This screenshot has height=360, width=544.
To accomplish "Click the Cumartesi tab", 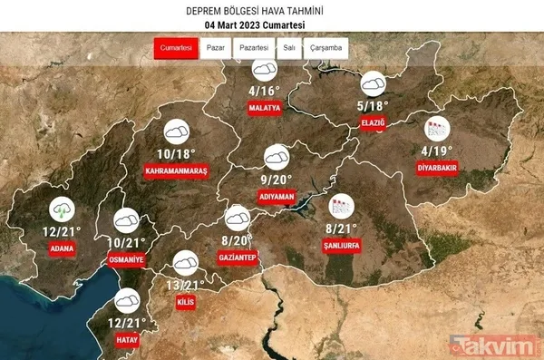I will pos(176,47).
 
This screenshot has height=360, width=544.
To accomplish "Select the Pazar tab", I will pos(214,47).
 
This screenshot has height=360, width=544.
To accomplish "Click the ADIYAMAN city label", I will pos(277,194).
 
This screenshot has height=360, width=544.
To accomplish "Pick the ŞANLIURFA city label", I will pos(343,244).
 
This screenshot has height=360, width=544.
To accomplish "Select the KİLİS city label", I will pos(185,302).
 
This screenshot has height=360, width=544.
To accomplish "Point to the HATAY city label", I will pos(126,339).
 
